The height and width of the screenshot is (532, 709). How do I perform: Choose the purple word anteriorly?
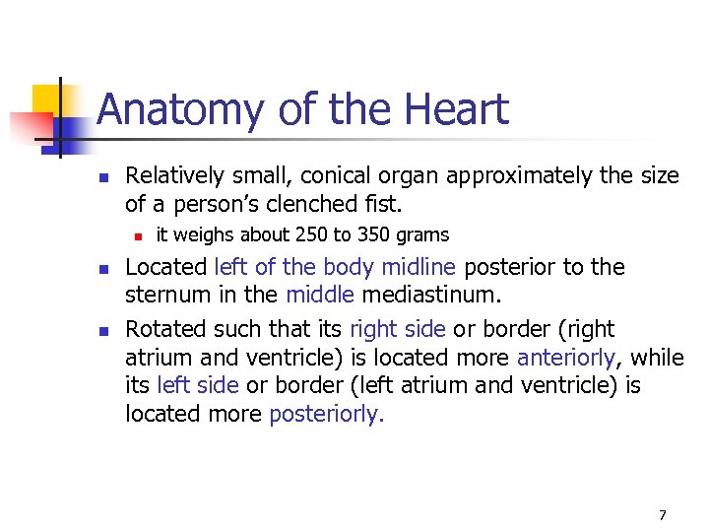564,356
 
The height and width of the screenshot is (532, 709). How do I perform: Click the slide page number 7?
663,514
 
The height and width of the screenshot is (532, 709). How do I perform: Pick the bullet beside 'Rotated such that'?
102,328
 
